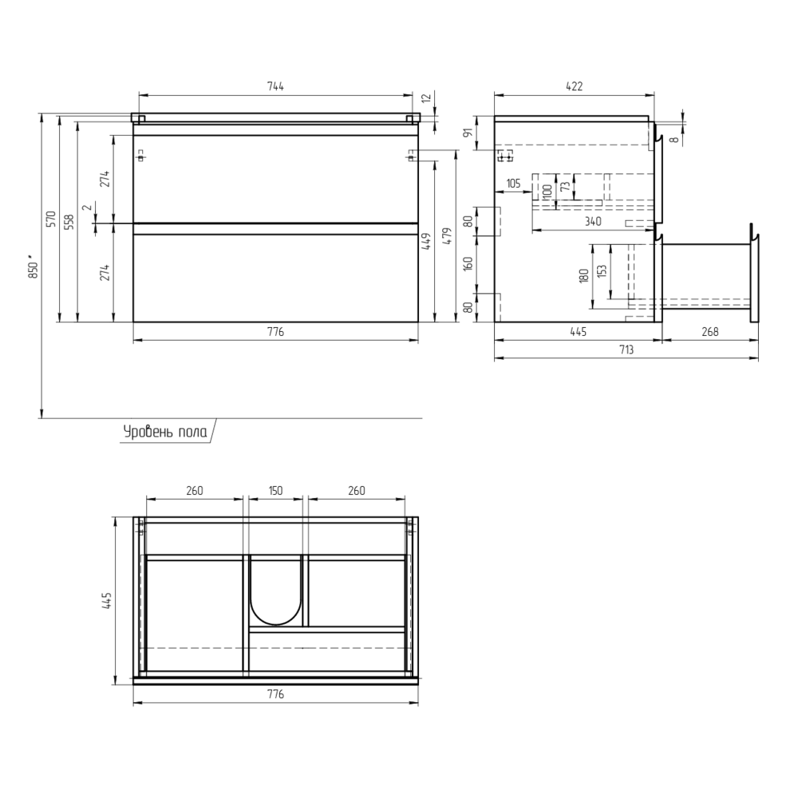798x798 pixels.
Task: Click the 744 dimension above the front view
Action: (275, 86)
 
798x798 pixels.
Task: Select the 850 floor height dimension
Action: (34, 266)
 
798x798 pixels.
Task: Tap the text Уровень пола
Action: (165, 432)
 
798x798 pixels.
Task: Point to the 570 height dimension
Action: (51, 219)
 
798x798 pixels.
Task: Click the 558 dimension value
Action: (69, 221)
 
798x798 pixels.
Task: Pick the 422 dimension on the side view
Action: (574, 86)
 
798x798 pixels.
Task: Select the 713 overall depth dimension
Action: (626, 350)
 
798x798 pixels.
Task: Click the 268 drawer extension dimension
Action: (710, 332)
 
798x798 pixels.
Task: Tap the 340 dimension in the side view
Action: (593, 221)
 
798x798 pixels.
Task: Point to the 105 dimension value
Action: (513, 184)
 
